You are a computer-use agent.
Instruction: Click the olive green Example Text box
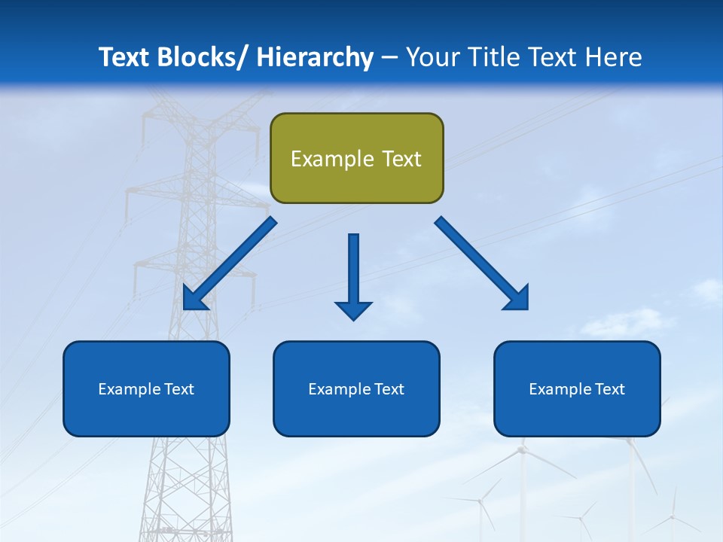click(356, 158)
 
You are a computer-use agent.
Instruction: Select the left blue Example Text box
click(146, 388)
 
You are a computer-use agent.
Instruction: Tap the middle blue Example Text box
click(356, 388)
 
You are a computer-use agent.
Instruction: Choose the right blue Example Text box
click(577, 388)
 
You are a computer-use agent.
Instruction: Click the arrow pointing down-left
click(230, 263)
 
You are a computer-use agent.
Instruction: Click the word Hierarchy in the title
click(315, 57)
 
